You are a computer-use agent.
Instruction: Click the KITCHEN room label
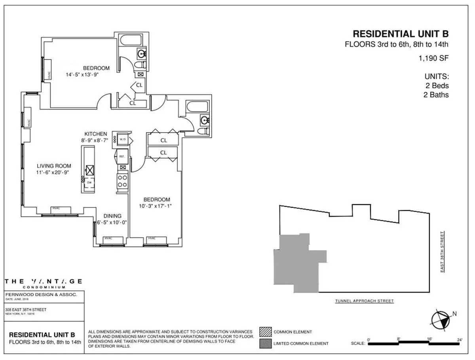point(95,134)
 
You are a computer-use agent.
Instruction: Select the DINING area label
point(112,216)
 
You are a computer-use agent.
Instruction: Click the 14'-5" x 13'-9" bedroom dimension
point(82,74)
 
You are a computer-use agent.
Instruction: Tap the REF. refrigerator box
point(122,157)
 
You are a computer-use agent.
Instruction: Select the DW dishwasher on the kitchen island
point(89,182)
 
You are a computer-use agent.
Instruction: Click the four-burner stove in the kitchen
point(122,181)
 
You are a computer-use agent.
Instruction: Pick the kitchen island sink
point(90,170)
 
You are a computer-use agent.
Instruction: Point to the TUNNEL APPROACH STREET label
point(364,301)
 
